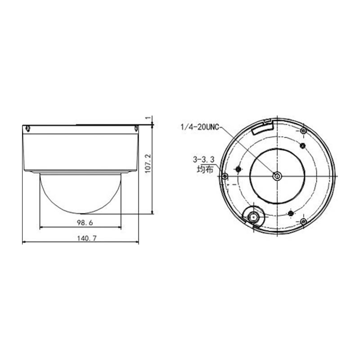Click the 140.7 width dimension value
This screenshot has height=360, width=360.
point(86,238)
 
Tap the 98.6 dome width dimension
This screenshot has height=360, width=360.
point(85,222)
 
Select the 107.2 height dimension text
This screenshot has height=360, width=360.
point(148,163)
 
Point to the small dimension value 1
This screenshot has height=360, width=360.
point(148,118)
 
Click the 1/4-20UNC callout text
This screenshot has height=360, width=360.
point(200,127)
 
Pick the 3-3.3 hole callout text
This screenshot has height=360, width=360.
point(204,159)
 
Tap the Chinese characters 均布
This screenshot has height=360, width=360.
point(205,170)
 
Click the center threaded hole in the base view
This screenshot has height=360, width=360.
point(277,176)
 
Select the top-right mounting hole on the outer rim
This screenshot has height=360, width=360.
point(303,131)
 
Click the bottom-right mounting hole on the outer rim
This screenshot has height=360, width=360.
point(303,221)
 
